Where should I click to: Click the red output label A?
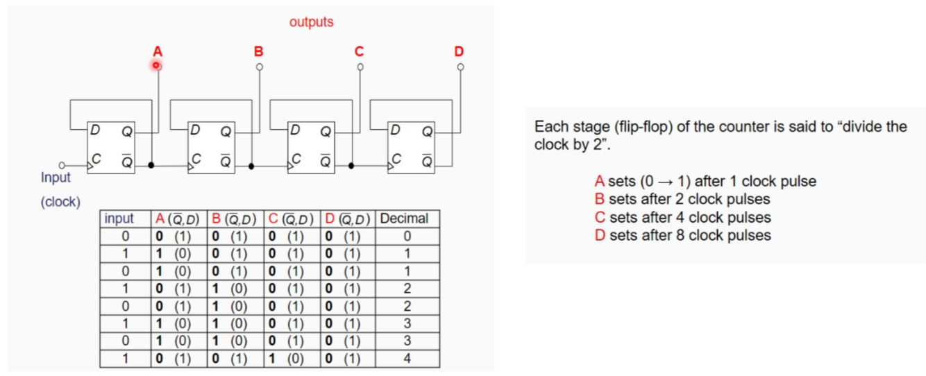tap(158, 51)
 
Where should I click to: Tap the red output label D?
tap(459, 51)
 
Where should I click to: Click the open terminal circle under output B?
tap(260, 67)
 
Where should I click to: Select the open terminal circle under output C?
tap(360, 67)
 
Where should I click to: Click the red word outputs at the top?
tap(311, 22)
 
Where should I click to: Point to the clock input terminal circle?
tap(62, 166)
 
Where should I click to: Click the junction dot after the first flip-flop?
tap(151, 166)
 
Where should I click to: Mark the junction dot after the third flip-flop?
tap(351, 166)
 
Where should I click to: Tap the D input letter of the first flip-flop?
tap(95, 130)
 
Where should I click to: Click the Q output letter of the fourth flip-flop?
tap(427, 131)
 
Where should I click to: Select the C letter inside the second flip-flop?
tap(196, 159)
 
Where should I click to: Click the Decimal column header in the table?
tap(405, 219)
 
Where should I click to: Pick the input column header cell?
tap(119, 219)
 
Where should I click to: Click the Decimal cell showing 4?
tap(407, 359)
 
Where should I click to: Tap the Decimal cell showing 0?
tap(407, 237)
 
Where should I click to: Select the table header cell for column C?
tap(292, 219)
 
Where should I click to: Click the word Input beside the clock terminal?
tap(56, 178)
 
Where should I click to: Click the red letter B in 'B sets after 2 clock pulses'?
tap(600, 199)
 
